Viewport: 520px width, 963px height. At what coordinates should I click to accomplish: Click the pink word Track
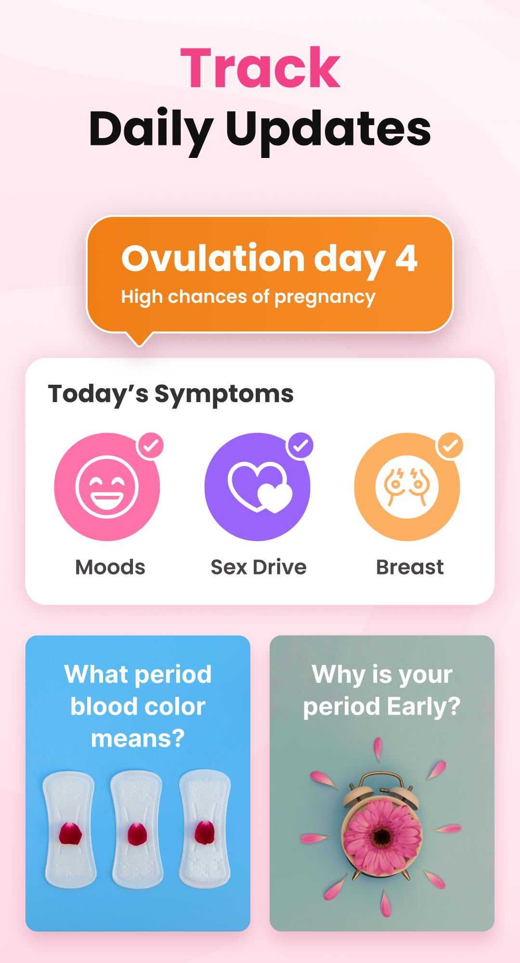click(260, 68)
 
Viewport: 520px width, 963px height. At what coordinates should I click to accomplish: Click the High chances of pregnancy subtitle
click(248, 297)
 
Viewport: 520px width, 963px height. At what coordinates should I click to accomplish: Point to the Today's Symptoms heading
click(170, 394)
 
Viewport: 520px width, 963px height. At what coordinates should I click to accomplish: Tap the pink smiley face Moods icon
click(107, 487)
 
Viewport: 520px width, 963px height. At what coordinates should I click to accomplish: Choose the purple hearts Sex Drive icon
click(257, 487)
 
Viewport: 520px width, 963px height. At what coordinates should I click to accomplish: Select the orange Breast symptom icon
click(407, 487)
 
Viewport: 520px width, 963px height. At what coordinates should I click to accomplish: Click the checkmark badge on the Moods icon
click(151, 446)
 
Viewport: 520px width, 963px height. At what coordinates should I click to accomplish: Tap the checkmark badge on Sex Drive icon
click(300, 446)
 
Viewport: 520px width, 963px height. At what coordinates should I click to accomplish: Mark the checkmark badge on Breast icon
click(450, 446)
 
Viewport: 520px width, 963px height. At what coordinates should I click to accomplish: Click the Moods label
click(110, 567)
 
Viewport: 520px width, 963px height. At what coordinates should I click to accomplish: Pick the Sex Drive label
click(259, 567)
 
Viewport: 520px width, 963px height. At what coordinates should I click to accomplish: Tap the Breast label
click(410, 567)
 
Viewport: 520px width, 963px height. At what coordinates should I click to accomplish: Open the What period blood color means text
click(138, 706)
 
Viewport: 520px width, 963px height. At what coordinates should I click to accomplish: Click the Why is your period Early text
click(382, 690)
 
